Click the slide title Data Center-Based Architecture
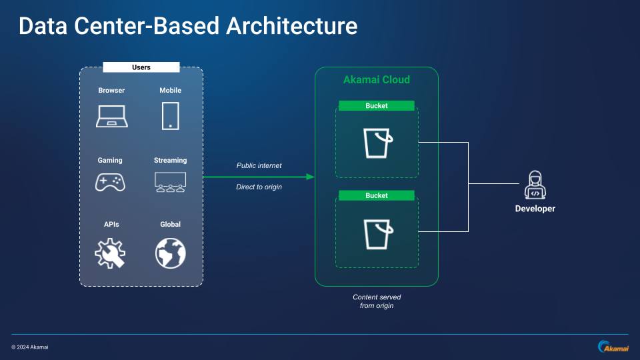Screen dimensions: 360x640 (187, 26)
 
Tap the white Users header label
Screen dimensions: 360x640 (141, 67)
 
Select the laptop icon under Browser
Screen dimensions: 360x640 (111, 116)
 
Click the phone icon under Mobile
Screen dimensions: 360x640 (170, 115)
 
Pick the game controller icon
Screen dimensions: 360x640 (111, 181)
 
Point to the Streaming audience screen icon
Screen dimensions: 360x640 (170, 182)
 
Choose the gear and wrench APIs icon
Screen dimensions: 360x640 (111, 253)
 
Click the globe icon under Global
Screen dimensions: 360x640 (170, 253)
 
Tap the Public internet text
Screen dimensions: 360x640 (259, 165)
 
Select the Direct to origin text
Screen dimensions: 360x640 (259, 187)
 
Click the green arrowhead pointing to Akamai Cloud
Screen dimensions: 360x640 (309, 177)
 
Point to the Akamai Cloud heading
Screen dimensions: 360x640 (376, 80)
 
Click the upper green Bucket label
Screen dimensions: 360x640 (376, 105)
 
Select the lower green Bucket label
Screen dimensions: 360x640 (376, 195)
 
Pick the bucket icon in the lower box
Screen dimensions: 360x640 (377, 233)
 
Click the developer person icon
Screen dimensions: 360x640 (535, 185)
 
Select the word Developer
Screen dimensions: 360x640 (535, 209)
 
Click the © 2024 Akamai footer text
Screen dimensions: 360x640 (30, 347)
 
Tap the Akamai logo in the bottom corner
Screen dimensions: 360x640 (612, 347)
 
